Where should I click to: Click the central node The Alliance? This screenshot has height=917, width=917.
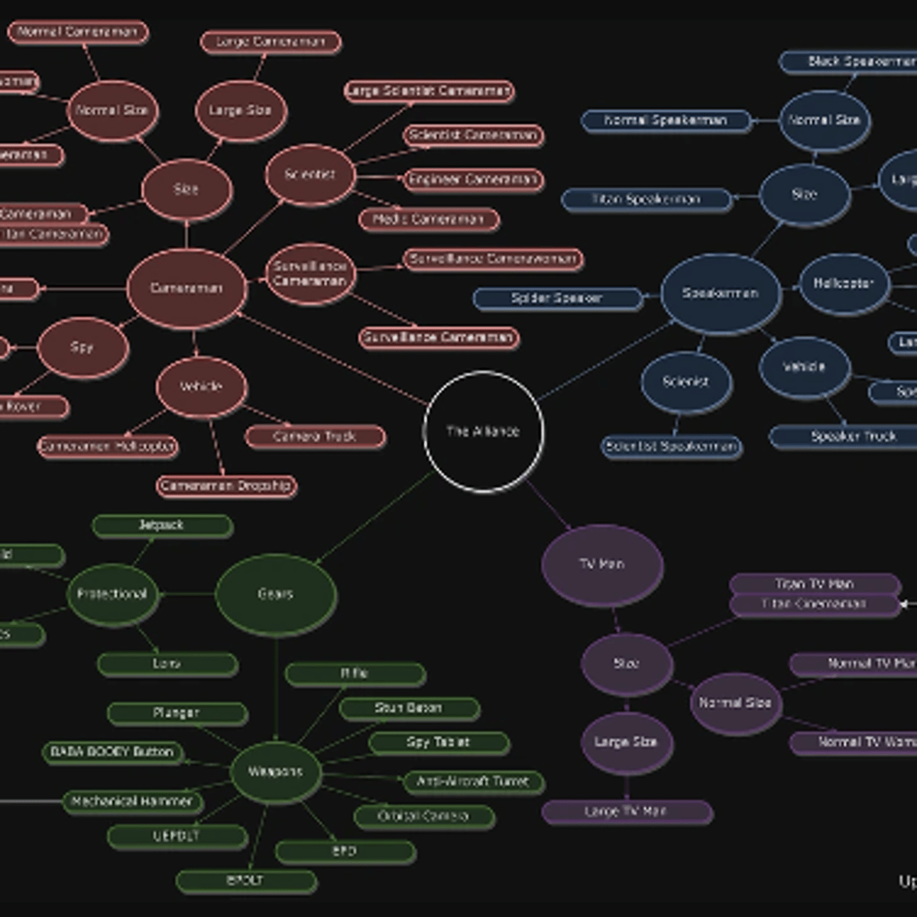tap(483, 431)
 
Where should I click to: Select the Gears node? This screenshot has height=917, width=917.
tap(276, 595)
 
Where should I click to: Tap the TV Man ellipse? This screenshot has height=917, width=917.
tap(602, 565)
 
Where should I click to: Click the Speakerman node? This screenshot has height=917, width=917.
tap(721, 293)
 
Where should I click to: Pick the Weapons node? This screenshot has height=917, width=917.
tap(275, 772)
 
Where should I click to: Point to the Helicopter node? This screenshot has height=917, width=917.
tap(844, 284)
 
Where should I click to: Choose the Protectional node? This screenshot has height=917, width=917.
tap(112, 595)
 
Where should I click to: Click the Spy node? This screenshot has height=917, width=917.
tap(82, 348)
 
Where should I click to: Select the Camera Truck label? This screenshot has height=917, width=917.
tap(315, 436)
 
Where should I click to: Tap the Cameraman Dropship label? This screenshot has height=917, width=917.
tap(226, 486)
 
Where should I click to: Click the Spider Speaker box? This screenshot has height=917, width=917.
tap(557, 298)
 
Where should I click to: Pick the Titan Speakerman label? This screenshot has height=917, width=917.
tap(646, 199)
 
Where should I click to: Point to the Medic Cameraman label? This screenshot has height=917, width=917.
tap(429, 219)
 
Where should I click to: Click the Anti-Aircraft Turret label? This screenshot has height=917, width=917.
tap(473, 782)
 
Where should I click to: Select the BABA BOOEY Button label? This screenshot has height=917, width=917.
tap(112, 753)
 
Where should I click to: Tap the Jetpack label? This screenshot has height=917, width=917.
tap(162, 526)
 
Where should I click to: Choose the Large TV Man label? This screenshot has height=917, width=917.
tap(627, 812)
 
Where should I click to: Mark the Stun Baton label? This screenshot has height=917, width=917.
tap(409, 708)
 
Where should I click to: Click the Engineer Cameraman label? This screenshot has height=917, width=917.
tap(473, 180)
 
